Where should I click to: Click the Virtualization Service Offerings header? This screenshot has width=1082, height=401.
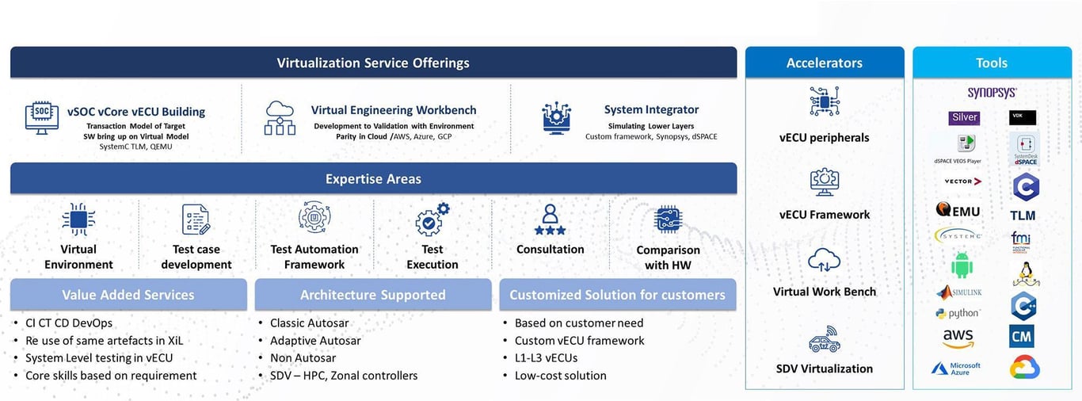tap(373, 63)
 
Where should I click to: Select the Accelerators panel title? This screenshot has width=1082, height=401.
tap(824, 63)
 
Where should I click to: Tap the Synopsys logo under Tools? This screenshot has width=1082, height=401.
tap(992, 93)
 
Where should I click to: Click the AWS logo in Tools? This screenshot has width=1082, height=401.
tap(958, 338)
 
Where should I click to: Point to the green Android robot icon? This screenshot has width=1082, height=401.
tap(962, 265)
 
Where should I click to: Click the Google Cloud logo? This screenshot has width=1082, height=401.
tap(1024, 367)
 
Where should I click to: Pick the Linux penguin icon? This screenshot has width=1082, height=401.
tap(1025, 274)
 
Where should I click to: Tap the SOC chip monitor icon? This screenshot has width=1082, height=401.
tap(42, 116)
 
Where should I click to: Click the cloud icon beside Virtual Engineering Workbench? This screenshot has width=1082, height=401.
tap(280, 117)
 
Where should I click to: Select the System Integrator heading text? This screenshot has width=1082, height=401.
tap(651, 109)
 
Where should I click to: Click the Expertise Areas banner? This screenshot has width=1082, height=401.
tap(373, 178)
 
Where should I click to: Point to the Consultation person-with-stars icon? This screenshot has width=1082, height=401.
tap(550, 220)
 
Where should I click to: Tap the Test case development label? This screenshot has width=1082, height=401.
tap(196, 257)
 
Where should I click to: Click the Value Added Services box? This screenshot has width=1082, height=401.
tap(128, 295)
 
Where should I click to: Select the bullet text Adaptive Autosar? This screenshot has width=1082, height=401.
tap(315, 341)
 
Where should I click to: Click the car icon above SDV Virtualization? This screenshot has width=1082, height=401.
tap(825, 341)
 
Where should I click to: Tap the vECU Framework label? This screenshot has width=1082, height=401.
tap(824, 215)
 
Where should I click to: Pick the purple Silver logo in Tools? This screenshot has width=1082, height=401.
tap(964, 118)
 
